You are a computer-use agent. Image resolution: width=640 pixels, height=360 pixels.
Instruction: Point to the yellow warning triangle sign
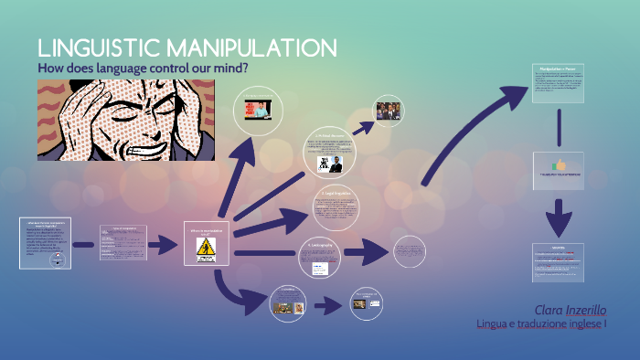click(x=205, y=246)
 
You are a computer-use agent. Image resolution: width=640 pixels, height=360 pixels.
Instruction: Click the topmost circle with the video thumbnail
click(x=260, y=111)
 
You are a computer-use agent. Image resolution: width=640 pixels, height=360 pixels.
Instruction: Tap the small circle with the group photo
click(x=389, y=111)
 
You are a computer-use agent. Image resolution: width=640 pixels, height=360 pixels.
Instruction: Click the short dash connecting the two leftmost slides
click(x=83, y=245)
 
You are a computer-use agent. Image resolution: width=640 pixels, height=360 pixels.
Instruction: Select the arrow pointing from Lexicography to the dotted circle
click(x=365, y=252)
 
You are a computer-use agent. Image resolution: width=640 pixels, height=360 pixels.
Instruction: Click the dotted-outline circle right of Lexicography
click(x=409, y=250)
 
